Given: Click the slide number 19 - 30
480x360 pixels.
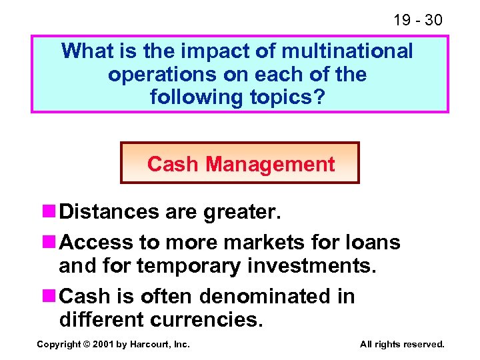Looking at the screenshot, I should coord(417,20).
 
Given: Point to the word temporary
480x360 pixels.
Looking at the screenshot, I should coord(188,266).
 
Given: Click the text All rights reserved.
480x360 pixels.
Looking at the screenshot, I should coord(402,345).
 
